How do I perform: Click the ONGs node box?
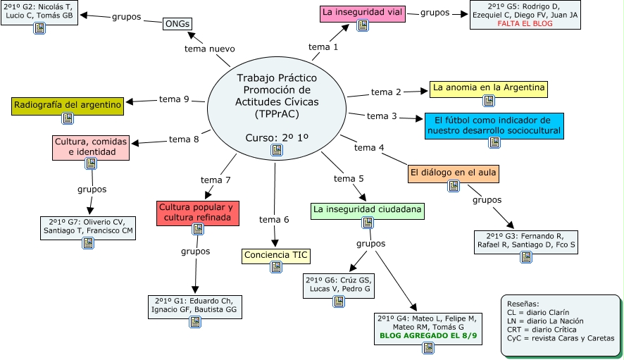click(177, 24)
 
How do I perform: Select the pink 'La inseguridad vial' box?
click(363, 13)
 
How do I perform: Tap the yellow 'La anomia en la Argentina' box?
click(489, 88)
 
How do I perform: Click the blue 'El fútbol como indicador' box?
click(494, 124)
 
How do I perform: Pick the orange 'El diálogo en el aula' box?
click(454, 173)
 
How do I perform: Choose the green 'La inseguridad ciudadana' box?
click(367, 209)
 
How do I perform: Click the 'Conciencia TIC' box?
click(277, 255)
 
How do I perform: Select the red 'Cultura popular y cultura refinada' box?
click(199, 213)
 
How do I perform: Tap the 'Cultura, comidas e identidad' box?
click(90, 147)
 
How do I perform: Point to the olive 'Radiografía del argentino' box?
click(68, 105)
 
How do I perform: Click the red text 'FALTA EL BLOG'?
click(525, 23)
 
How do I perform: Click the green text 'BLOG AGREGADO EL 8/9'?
click(429, 337)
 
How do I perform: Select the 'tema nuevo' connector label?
click(209, 49)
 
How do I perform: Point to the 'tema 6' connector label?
click(274, 220)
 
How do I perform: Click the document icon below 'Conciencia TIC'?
click(277, 267)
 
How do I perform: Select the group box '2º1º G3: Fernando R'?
click(525, 240)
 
